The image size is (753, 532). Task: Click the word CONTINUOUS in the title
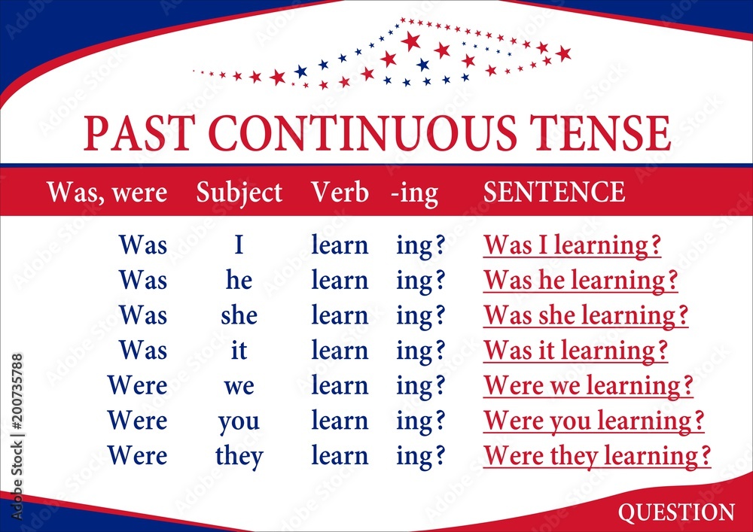click(364, 133)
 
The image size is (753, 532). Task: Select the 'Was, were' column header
click(107, 193)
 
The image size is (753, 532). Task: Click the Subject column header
click(239, 193)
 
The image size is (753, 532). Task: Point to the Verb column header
click(340, 192)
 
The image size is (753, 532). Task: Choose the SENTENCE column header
click(554, 192)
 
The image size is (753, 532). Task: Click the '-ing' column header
click(414, 194)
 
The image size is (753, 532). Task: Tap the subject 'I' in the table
click(239, 245)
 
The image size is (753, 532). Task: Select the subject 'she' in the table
click(239, 315)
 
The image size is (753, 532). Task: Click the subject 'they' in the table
click(239, 456)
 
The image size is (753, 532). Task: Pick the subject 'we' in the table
click(239, 386)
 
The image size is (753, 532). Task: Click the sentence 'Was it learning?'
click(576, 350)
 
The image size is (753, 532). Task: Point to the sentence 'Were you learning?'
click(594, 421)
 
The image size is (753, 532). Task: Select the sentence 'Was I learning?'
click(572, 245)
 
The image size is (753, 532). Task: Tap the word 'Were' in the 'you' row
click(137, 421)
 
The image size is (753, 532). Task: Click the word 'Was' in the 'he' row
click(143, 280)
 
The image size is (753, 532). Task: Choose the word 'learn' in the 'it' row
click(340, 350)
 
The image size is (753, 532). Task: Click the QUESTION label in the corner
click(676, 512)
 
